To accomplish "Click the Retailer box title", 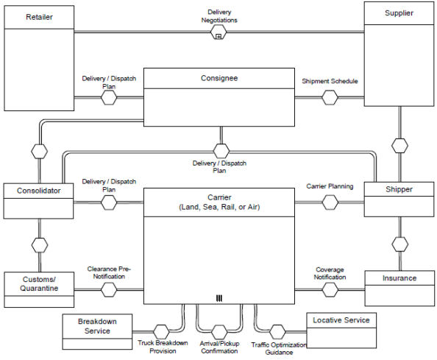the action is pos(39,17).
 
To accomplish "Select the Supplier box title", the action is pos(399,13).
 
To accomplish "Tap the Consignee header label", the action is pos(219,78).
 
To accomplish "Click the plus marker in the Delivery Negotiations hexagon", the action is pos(218,36).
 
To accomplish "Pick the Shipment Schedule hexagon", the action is pos(330,98).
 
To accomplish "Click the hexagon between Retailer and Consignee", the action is pos(109,98).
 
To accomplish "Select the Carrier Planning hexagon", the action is pos(330,202).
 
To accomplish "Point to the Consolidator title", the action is pos(39,191).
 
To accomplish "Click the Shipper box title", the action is pos(399,189).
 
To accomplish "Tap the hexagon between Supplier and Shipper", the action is pos(400,146).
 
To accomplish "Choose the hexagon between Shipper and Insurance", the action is pos(400,244).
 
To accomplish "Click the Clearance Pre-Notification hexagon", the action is pos(109,289).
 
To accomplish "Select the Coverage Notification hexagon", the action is pos(330,290).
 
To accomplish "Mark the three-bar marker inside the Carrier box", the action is pos(219,298).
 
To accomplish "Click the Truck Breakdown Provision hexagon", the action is pos(161,332).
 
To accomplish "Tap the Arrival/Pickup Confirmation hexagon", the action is pos(219,332).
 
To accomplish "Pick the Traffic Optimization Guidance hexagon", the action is pos(277,332).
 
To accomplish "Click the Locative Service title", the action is pos(341,320).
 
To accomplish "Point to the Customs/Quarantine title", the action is pos(39,283).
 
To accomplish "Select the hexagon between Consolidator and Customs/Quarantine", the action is pos(40,245).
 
